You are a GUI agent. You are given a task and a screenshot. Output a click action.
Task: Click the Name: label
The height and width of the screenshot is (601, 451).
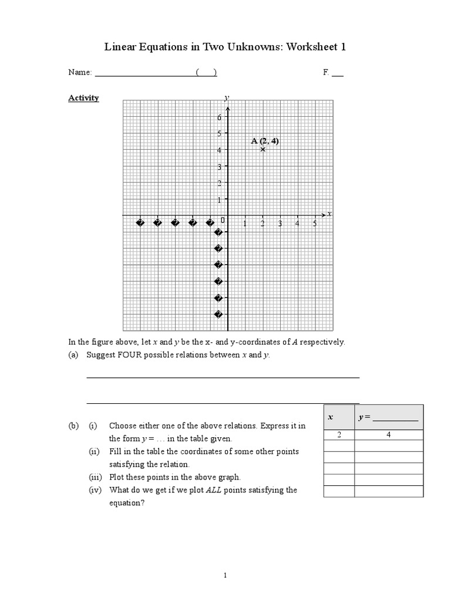coord(80,73)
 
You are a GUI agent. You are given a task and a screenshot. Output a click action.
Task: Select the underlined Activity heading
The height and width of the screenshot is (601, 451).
coord(83,98)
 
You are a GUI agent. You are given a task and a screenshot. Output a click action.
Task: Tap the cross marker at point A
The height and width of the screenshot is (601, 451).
coord(262,149)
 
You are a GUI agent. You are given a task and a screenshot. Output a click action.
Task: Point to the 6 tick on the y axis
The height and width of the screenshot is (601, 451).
coord(218,117)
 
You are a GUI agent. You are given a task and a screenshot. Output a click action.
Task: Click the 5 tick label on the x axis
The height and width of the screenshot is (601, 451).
coord(314,224)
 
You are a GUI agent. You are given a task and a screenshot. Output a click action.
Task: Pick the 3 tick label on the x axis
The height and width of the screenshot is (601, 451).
coord(280,224)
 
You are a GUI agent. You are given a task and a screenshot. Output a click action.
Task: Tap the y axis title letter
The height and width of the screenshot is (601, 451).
coord(227,97)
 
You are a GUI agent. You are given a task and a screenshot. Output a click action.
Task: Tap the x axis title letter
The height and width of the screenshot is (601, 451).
coord(329,214)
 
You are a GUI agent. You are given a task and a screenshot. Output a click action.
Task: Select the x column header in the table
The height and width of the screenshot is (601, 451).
coord(330,417)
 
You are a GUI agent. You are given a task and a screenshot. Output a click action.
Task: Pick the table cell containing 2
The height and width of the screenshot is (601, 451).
coord(339,435)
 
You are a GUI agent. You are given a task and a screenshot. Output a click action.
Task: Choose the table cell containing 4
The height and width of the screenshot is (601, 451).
coord(388,435)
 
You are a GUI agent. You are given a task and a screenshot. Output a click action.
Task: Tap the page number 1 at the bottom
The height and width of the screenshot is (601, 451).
coord(225,576)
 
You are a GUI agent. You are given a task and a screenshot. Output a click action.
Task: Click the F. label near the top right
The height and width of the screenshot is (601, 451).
coord(326,73)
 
